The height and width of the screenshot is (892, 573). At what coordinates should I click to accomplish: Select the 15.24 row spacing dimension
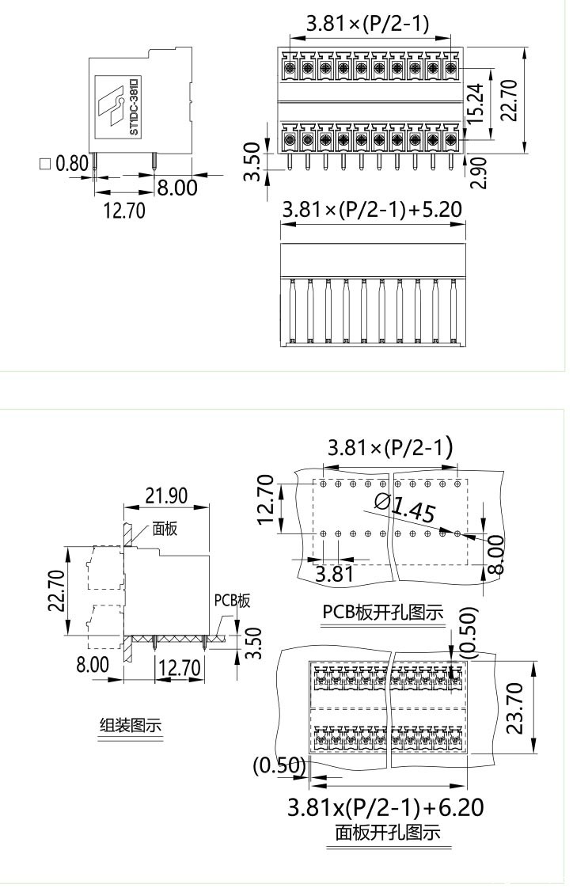click(x=474, y=103)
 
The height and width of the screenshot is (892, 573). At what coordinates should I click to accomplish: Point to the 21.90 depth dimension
click(x=166, y=496)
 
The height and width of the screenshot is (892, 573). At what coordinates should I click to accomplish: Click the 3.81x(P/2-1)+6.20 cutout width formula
click(x=385, y=807)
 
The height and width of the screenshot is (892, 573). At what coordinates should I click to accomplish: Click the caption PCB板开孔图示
click(x=383, y=613)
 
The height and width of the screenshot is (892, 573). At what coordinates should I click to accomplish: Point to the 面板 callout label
click(x=165, y=529)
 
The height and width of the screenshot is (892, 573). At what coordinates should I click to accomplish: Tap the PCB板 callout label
click(x=232, y=601)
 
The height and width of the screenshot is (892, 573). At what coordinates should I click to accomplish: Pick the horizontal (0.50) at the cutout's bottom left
click(x=279, y=765)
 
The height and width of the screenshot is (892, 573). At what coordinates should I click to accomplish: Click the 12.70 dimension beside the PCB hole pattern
click(x=266, y=499)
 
